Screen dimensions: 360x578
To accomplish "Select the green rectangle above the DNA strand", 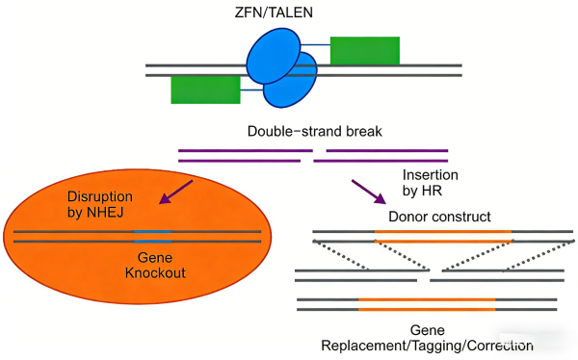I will [x=364, y=51].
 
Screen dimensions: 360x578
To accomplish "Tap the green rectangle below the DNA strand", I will [x=205, y=89].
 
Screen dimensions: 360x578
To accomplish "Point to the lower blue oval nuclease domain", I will [x=291, y=83].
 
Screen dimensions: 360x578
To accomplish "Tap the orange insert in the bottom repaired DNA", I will [x=427, y=305].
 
